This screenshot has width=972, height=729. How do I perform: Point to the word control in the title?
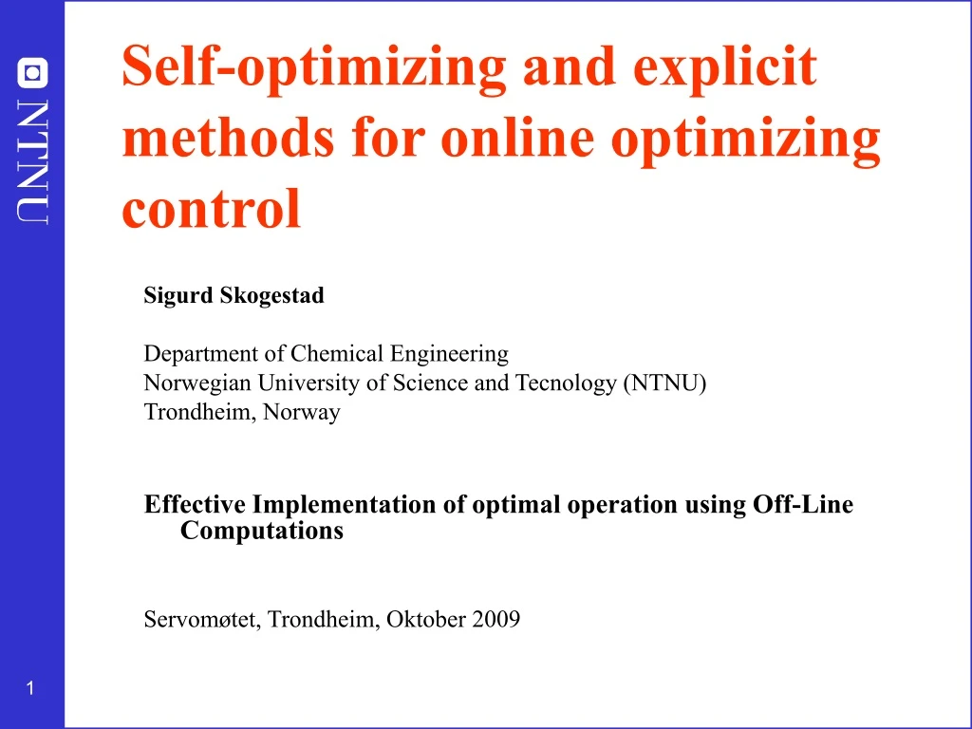[x=211, y=209]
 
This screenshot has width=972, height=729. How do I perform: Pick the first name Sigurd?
[x=178, y=295]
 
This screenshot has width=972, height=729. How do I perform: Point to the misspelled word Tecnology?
[x=566, y=383]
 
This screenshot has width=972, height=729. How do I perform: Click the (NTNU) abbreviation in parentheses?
[x=664, y=383]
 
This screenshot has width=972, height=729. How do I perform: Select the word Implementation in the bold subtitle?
[x=345, y=504]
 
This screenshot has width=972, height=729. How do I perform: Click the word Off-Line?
[x=803, y=504]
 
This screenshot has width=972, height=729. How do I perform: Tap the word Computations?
[x=261, y=531]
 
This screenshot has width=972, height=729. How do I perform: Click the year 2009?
[x=496, y=620]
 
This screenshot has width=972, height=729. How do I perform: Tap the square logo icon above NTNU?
[x=32, y=73]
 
